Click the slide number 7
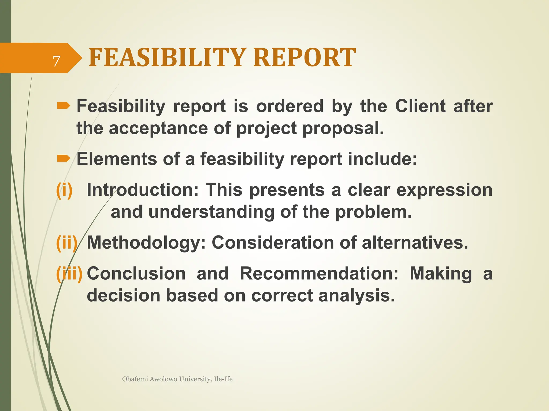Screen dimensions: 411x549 [56, 61]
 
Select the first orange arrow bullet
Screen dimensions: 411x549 [63, 106]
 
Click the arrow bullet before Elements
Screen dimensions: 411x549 [63, 159]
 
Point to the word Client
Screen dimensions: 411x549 [420, 106]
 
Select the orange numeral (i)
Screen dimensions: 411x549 [64, 190]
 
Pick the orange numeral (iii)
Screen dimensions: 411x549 [69, 274]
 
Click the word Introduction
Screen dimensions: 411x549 [142, 190]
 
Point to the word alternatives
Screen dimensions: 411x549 [415, 243]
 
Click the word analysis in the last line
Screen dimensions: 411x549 [357, 296]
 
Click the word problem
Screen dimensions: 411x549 [373, 212]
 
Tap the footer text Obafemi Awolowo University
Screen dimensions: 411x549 [177, 379]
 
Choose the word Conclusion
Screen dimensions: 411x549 [136, 274]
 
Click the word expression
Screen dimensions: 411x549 [444, 190]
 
